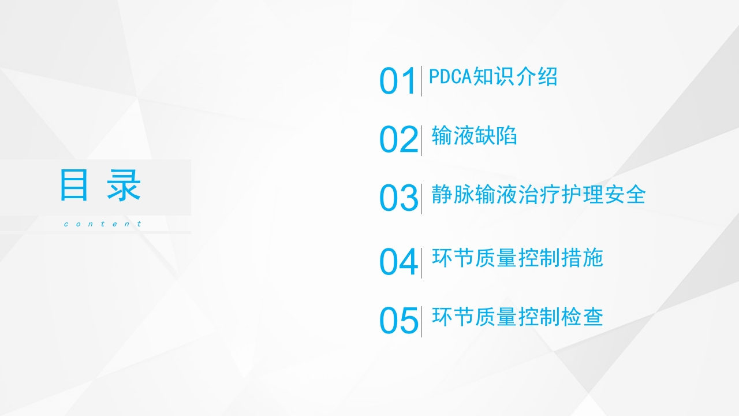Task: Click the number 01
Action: pyautogui.click(x=398, y=81)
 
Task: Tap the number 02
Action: pyautogui.click(x=398, y=140)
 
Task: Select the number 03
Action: pyautogui.click(x=398, y=199)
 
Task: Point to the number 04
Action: pyautogui.click(x=398, y=262)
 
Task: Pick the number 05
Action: pyautogui.click(x=398, y=321)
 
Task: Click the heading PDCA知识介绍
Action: pyautogui.click(x=493, y=77)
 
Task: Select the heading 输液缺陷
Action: pyautogui.click(x=474, y=136)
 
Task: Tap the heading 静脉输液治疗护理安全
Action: pyautogui.click(x=538, y=195)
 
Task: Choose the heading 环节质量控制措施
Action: pyautogui.click(x=517, y=258)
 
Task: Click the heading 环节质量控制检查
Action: pyautogui.click(x=517, y=317)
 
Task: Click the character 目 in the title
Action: pyautogui.click(x=74, y=186)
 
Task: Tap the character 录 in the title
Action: pyautogui.click(x=125, y=186)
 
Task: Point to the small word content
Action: pyautogui.click(x=102, y=224)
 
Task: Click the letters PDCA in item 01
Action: pyautogui.click(x=450, y=77)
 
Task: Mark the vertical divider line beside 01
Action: pyautogui.click(x=421, y=81)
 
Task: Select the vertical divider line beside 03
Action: pyautogui.click(x=421, y=198)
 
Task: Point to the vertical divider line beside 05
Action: pyautogui.click(x=421, y=321)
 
